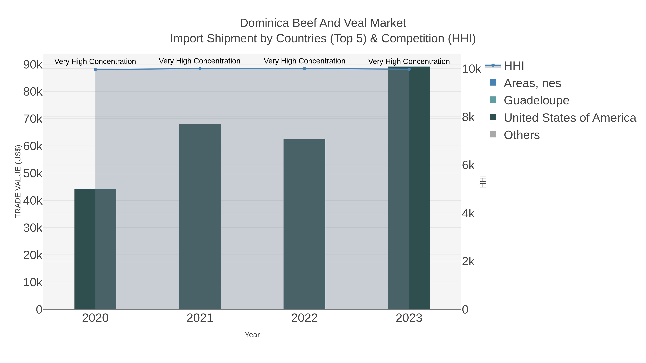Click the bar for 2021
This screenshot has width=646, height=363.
click(200, 217)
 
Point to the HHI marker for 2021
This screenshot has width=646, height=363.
click(200, 69)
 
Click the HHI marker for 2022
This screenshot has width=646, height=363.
click(305, 69)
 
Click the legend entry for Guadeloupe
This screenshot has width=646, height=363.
click(536, 100)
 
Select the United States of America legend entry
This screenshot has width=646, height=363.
click(570, 118)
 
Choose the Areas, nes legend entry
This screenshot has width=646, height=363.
click(532, 83)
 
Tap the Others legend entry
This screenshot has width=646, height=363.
click(522, 135)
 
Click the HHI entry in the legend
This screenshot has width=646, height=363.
click(514, 66)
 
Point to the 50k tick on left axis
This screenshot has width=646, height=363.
click(33, 173)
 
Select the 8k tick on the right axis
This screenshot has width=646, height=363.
click(468, 117)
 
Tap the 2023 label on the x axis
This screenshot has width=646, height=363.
click(409, 318)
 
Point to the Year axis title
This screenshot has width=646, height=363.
click(252, 335)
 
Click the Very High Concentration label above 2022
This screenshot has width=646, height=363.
click(305, 61)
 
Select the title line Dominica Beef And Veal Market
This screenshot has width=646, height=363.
click(323, 23)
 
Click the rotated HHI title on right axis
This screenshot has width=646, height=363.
click(483, 181)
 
